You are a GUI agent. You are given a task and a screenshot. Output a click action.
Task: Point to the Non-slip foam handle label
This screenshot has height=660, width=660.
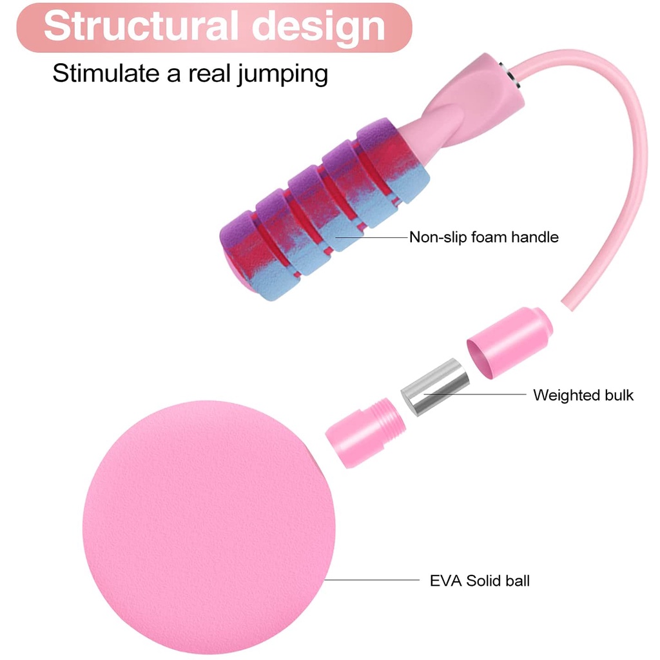484,237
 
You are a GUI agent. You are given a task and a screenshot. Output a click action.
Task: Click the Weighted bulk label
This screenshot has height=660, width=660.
583,394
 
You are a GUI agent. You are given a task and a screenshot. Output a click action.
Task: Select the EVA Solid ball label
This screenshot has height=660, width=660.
480,581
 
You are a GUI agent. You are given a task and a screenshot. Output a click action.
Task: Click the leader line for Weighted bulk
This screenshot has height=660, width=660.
477,394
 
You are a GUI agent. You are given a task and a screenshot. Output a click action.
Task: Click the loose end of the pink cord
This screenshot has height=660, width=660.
568,303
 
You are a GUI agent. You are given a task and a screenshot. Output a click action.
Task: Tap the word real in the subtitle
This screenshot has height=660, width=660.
211,73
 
